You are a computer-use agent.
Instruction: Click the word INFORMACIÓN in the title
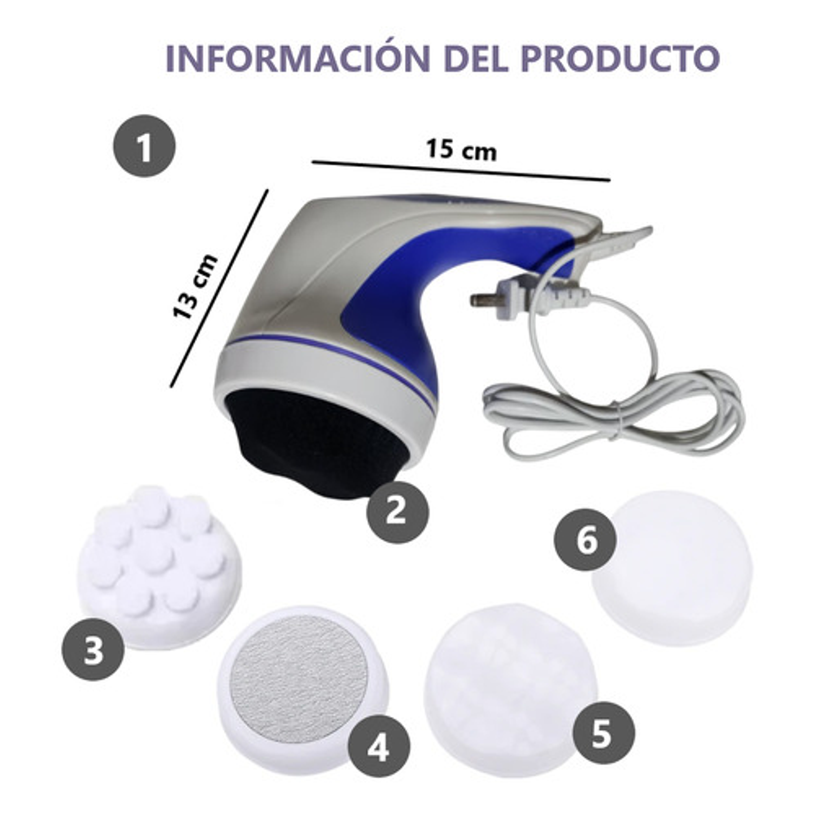point(298,58)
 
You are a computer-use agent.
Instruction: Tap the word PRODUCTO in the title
point(620,58)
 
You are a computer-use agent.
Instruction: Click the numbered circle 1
point(144,146)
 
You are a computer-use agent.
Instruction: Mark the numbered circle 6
point(585,540)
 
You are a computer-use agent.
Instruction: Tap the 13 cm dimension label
point(195,287)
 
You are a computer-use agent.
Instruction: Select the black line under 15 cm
point(460,171)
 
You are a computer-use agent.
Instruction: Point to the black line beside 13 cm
point(219,288)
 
